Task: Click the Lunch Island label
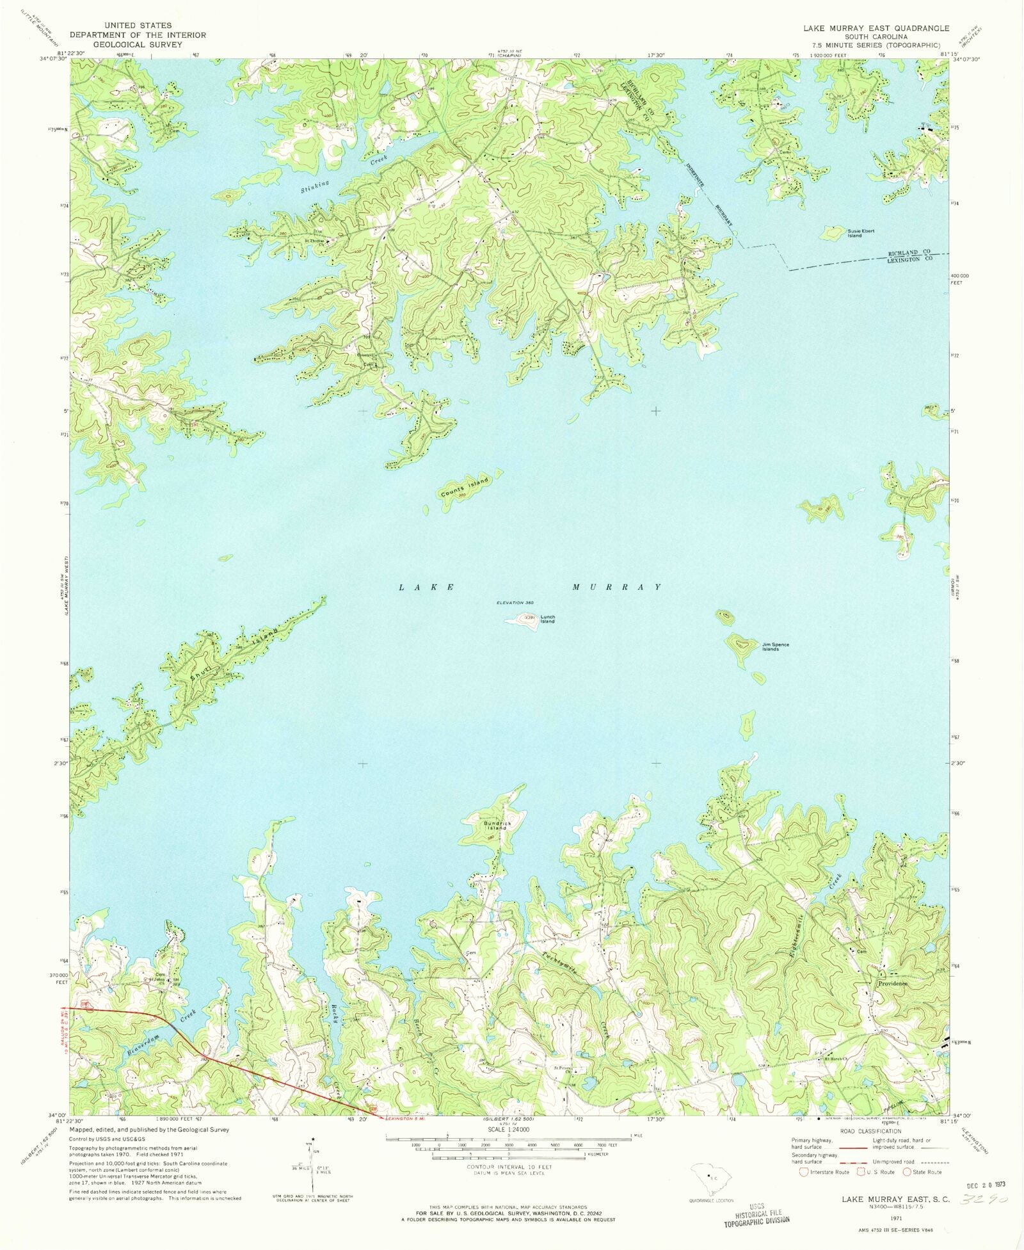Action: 547,619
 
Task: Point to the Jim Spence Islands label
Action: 775,647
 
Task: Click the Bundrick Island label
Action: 495,826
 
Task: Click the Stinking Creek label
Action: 344,173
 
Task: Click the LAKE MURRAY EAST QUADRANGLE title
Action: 876,29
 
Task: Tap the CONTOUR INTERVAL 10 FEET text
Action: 509,1166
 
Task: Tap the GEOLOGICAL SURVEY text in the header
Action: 138,45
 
